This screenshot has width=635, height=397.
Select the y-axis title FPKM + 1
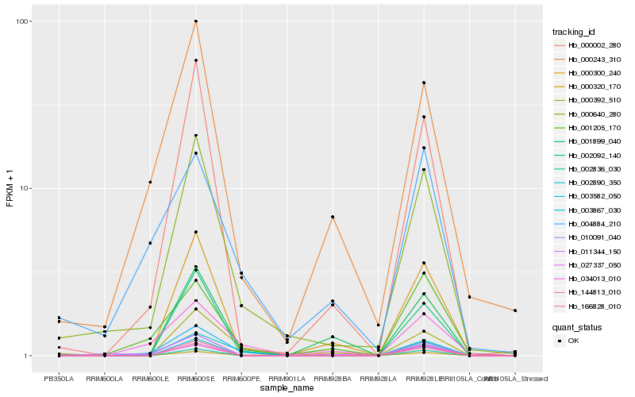point(10,188)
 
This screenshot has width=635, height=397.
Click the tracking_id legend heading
point(574,33)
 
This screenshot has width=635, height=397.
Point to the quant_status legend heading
point(577,326)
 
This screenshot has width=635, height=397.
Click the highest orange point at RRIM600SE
point(195,21)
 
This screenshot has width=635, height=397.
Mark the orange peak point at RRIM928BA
point(333,217)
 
